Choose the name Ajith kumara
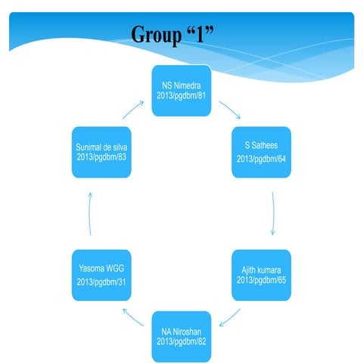[x=260, y=268]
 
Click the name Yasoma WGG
[x=101, y=269]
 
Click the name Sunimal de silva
[x=102, y=147]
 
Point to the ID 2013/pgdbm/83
[x=102, y=158]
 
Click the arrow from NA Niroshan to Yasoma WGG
[x=135, y=316]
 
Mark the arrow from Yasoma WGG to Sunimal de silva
[x=91, y=216]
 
